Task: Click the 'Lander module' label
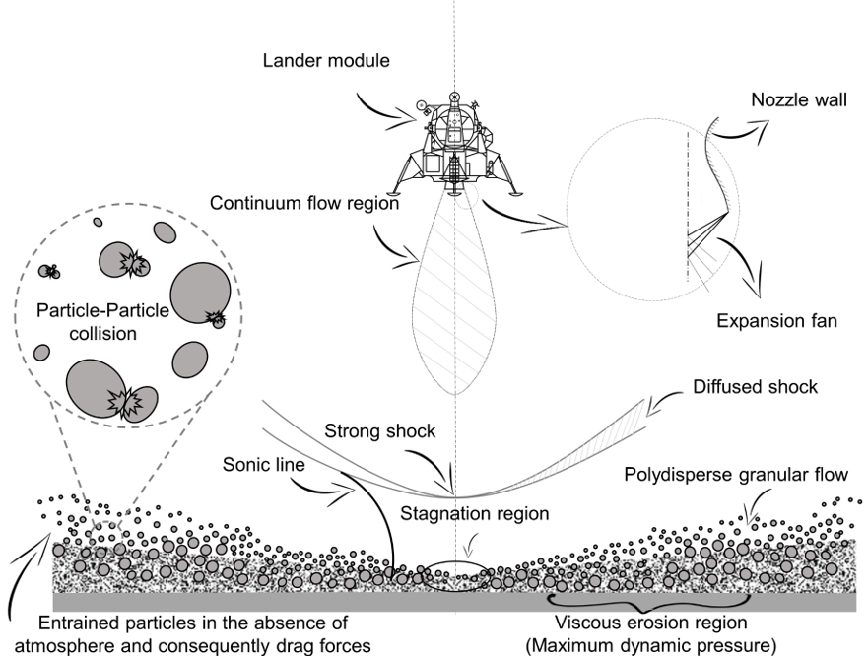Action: pos(326,61)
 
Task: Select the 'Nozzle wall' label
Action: pos(799,100)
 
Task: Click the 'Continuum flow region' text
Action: pos(303,205)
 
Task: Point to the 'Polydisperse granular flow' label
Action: pos(736,476)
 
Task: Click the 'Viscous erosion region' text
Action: pos(651,623)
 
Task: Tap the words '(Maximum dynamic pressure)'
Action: pos(651,645)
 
